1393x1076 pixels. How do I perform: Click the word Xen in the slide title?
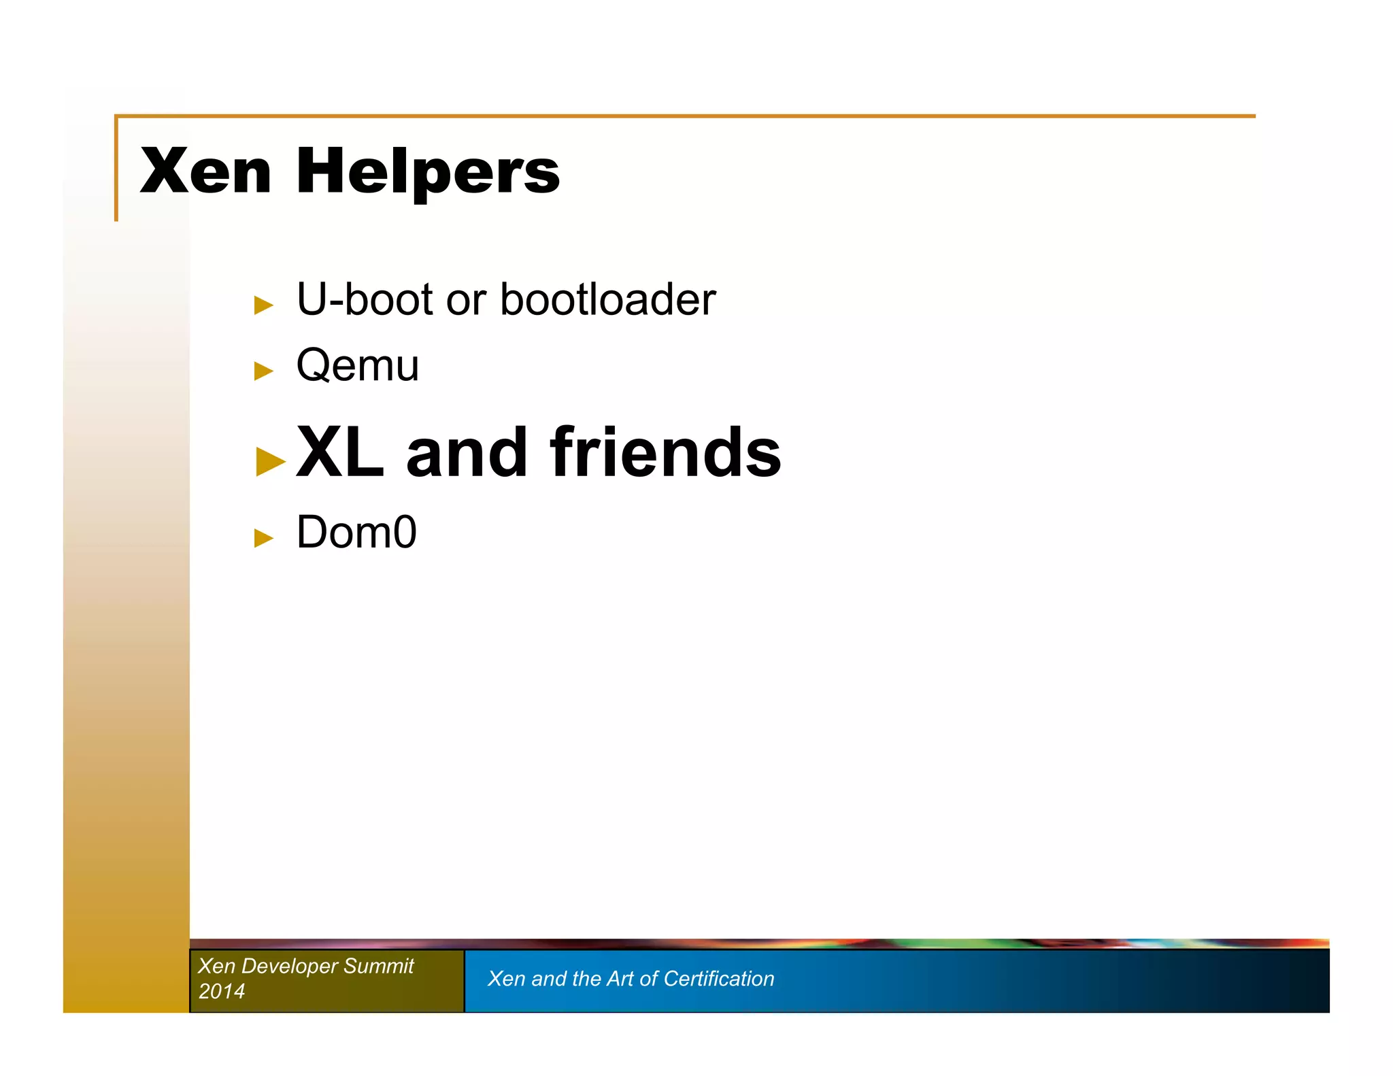click(205, 171)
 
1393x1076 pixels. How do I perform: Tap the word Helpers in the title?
click(428, 173)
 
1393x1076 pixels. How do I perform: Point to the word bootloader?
click(607, 299)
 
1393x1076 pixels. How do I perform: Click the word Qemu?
click(358, 367)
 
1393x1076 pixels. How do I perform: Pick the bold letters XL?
click(340, 452)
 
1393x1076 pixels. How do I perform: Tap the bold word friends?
click(666, 452)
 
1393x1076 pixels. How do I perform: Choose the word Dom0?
click(356, 532)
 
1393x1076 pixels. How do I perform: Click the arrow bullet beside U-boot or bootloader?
click(263, 305)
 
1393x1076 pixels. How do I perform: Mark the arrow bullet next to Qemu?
click(263, 371)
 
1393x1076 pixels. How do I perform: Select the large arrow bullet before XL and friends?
click(270, 462)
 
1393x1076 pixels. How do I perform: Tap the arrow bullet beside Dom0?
click(263, 538)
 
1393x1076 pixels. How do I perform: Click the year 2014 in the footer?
click(221, 991)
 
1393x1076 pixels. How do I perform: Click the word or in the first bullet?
click(466, 299)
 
